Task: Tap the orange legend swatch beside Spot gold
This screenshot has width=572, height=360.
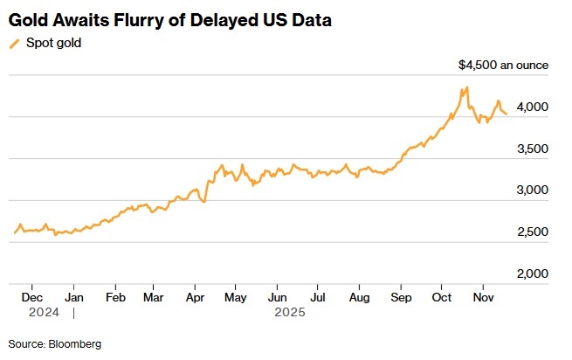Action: coord(14,43)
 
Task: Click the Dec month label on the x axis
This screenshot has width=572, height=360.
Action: coord(31,296)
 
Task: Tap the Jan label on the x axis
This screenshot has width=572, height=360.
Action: coord(74,296)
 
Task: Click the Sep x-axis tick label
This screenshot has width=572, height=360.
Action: coord(400,296)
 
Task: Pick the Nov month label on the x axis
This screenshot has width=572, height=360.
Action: coord(482,296)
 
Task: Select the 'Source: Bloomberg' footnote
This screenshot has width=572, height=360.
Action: coord(54,344)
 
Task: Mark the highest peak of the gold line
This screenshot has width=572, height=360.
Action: coord(467,87)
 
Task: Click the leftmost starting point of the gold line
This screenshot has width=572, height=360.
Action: coord(14,233)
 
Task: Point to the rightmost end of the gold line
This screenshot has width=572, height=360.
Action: coord(507,114)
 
